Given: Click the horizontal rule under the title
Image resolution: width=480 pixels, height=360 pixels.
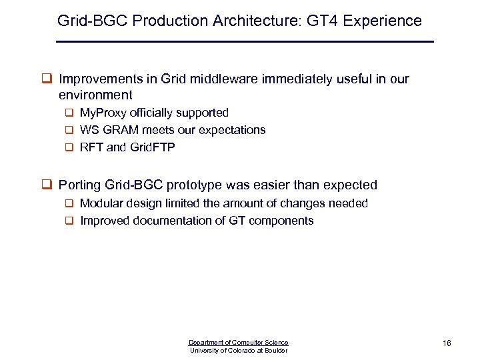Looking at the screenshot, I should coord(245,42).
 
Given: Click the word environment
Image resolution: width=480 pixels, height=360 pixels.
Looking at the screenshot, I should coord(95,95).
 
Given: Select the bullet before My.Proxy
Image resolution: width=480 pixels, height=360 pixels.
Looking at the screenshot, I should coord(69,113).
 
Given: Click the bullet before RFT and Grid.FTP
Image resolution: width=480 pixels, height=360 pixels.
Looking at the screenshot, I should coord(69,148).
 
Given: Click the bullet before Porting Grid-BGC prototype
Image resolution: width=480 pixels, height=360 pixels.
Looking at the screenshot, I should coord(48,185).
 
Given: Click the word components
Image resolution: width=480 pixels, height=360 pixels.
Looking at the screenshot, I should coord(281,221).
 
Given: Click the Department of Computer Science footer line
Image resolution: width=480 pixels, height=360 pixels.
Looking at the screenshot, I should coord(239,343).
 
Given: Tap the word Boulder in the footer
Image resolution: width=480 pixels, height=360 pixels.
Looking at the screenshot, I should coord(276,351).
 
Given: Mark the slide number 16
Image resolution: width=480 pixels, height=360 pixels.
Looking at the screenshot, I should coord(447,343).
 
